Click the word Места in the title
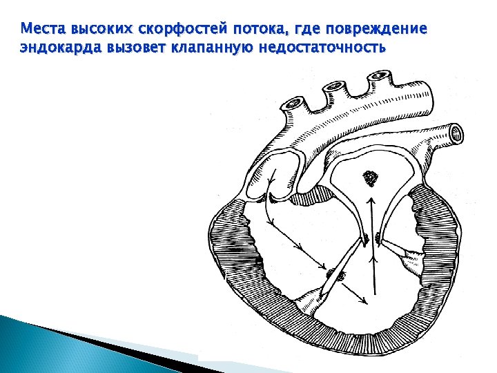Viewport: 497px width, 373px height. coord(40,30)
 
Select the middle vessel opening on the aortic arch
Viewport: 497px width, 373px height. coord(334,86)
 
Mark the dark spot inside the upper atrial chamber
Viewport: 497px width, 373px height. coord(372,178)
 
